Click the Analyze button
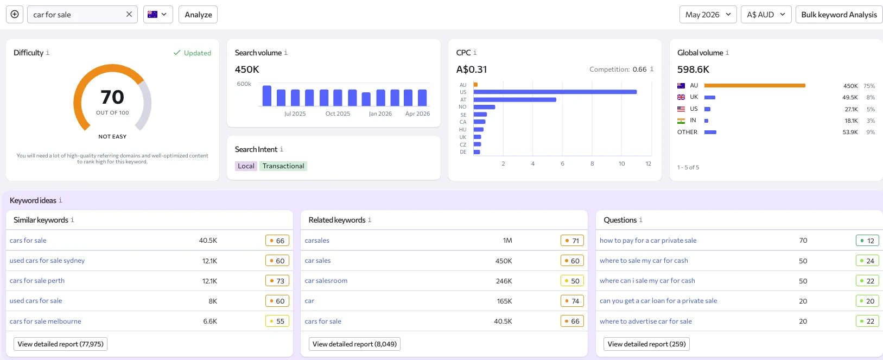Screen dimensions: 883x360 pyautogui.click(x=198, y=15)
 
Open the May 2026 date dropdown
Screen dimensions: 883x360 pyautogui.click(x=708, y=15)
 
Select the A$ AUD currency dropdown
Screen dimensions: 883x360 pyautogui.click(x=766, y=15)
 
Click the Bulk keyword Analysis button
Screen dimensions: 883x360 pyautogui.click(x=839, y=15)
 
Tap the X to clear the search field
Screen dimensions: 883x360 pyautogui.click(x=129, y=15)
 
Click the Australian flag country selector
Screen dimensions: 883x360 pyautogui.click(x=158, y=15)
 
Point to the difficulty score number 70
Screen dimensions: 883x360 pyautogui.click(x=112, y=97)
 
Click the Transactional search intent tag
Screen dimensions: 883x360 pyautogui.click(x=283, y=166)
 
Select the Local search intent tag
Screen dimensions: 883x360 pyautogui.click(x=246, y=166)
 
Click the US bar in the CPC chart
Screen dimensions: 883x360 pyautogui.click(x=555, y=92)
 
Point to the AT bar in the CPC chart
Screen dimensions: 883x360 pyautogui.click(x=515, y=100)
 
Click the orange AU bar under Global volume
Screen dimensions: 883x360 pyautogui.click(x=754, y=86)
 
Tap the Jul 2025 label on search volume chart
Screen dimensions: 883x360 pyautogui.click(x=295, y=113)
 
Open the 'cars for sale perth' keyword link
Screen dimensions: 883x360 pyautogui.click(x=37, y=281)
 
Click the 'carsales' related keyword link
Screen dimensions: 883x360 pyautogui.click(x=317, y=241)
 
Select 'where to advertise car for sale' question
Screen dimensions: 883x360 pyautogui.click(x=646, y=321)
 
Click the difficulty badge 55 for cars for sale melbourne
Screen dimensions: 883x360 pyautogui.click(x=277, y=321)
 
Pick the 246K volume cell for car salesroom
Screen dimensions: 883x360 pyautogui.click(x=504, y=281)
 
